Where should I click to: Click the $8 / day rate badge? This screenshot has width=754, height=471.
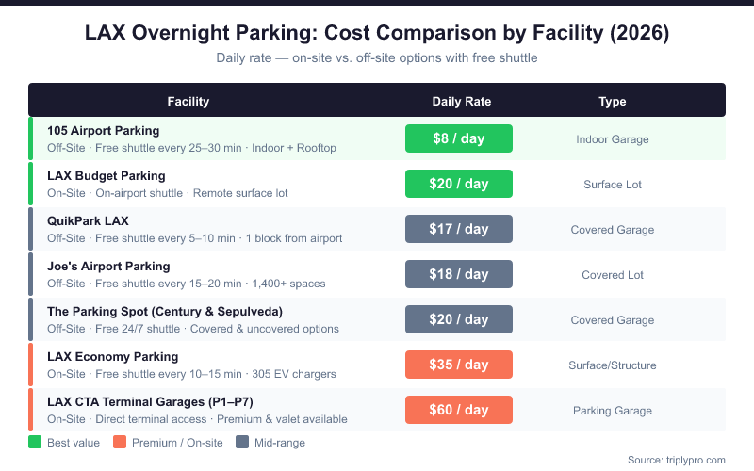pyautogui.click(x=458, y=138)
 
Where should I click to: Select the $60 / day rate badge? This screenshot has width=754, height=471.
pyautogui.click(x=458, y=410)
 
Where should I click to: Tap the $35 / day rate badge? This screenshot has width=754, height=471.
pyautogui.click(x=458, y=365)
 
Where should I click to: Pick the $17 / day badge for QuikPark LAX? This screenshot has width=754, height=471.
pyautogui.click(x=458, y=229)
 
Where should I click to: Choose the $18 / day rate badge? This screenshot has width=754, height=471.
pyautogui.click(x=458, y=274)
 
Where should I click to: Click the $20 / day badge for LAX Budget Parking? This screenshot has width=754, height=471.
pyautogui.click(x=458, y=184)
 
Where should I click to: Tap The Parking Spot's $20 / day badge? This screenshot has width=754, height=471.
pyautogui.click(x=458, y=319)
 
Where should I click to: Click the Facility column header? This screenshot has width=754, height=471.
pyautogui.click(x=188, y=102)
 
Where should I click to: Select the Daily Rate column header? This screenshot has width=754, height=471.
pyautogui.click(x=461, y=102)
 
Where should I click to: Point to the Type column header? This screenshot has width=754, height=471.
pyautogui.click(x=613, y=102)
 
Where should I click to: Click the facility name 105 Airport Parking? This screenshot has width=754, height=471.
pyautogui.click(x=103, y=130)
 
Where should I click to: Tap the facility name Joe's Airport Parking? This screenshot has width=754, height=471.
pyautogui.click(x=108, y=266)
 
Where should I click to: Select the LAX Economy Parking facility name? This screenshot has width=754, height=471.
pyautogui.click(x=112, y=356)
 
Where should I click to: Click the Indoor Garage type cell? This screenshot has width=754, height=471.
pyautogui.click(x=613, y=139)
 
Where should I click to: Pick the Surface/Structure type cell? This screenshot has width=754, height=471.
pyautogui.click(x=613, y=365)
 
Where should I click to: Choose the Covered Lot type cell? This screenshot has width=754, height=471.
pyautogui.click(x=613, y=275)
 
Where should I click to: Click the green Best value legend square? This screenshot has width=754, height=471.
pyautogui.click(x=35, y=442)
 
